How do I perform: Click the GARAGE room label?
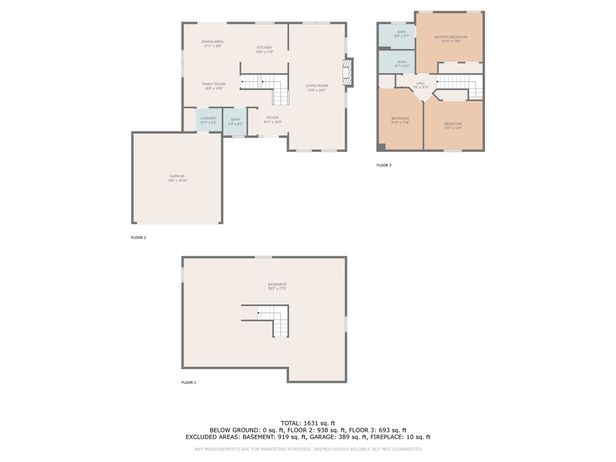[177, 176]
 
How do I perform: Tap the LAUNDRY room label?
[208, 118]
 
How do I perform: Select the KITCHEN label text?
[264, 47]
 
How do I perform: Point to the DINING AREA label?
[213, 42]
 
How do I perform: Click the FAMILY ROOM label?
[213, 84]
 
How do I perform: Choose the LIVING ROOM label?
[317, 86]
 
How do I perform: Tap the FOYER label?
[272, 118]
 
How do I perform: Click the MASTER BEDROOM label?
[451, 37]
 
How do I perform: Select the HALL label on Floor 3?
[421, 83]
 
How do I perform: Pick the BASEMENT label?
[277, 284]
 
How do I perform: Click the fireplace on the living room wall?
[347, 72]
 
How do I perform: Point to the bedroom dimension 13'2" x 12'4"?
[453, 128]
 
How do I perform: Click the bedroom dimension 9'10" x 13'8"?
[400, 122]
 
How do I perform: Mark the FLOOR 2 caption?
[139, 237]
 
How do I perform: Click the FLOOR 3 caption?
[384, 165]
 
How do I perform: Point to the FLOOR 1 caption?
[189, 382]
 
